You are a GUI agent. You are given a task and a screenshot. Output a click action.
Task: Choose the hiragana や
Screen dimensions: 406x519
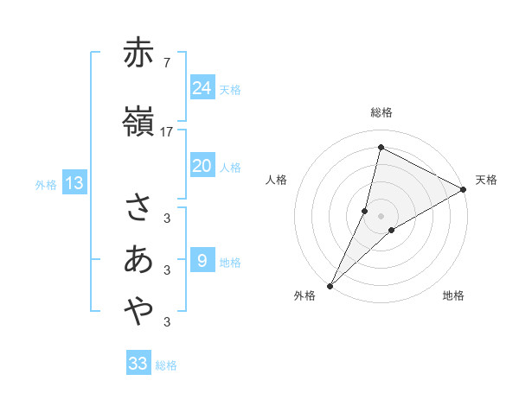pyautogui.click(x=138, y=311)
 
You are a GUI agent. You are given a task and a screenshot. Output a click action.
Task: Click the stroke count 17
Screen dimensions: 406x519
pyautogui.click(x=167, y=132)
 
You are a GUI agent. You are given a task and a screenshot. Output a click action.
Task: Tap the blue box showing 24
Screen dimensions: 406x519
pyautogui.click(x=202, y=87)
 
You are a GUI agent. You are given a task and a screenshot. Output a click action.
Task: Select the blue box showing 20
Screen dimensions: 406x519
pyautogui.click(x=202, y=166)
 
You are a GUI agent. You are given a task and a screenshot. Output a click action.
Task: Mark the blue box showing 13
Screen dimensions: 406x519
pyautogui.click(x=74, y=183)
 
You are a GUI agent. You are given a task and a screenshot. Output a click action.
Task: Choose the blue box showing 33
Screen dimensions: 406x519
pyautogui.click(x=138, y=364)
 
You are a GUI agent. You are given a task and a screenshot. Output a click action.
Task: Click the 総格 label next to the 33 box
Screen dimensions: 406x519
pyautogui.click(x=166, y=365)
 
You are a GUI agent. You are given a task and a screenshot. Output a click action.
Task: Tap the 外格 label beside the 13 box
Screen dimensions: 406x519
pyautogui.click(x=46, y=184)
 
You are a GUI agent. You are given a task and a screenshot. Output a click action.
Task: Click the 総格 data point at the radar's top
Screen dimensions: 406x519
pyautogui.click(x=380, y=147)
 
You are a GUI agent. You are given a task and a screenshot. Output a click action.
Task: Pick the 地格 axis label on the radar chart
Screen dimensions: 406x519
pyautogui.click(x=453, y=296)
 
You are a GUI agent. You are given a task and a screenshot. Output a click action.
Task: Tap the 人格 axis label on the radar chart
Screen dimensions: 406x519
pyautogui.click(x=277, y=180)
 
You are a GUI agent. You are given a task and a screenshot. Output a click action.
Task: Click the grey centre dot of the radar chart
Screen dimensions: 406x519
pyautogui.click(x=381, y=216)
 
